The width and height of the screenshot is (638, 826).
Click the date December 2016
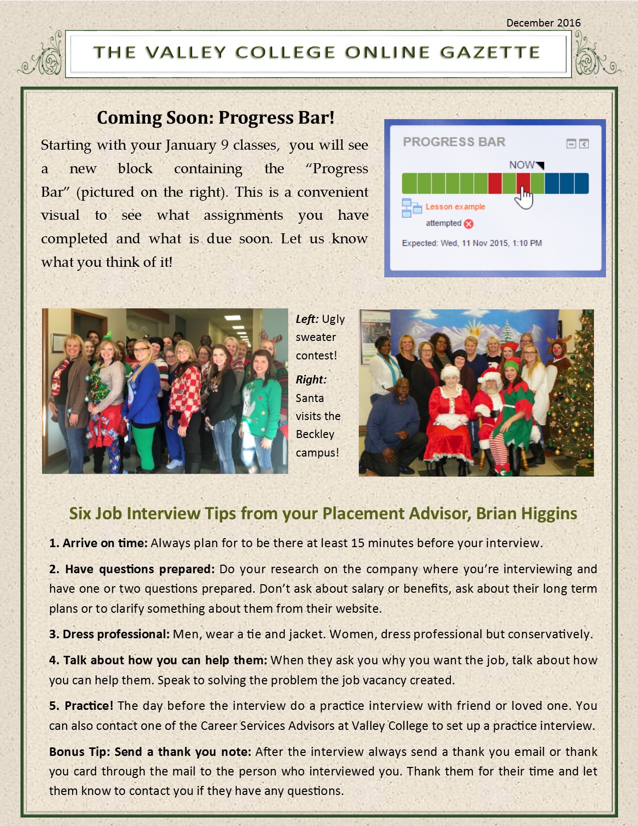pos(543,23)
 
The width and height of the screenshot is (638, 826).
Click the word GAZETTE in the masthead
pos(490,53)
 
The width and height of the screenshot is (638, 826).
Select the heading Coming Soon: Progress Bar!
pos(216,118)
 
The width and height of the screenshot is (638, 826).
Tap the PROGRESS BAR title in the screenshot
pos(454,142)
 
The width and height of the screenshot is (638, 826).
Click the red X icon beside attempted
pos(469,224)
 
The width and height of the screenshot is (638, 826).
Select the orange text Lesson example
pos(455,207)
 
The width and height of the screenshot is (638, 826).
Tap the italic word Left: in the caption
pos(307,319)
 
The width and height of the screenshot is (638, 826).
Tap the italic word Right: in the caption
pos(311,380)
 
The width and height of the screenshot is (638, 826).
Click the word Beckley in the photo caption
pos(315,434)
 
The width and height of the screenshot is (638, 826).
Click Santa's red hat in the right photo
pos(490,375)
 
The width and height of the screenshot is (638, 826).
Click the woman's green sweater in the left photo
pos(261,405)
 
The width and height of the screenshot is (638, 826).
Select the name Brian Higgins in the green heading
pos(527,514)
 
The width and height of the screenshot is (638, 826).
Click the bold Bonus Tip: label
pos(80,752)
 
